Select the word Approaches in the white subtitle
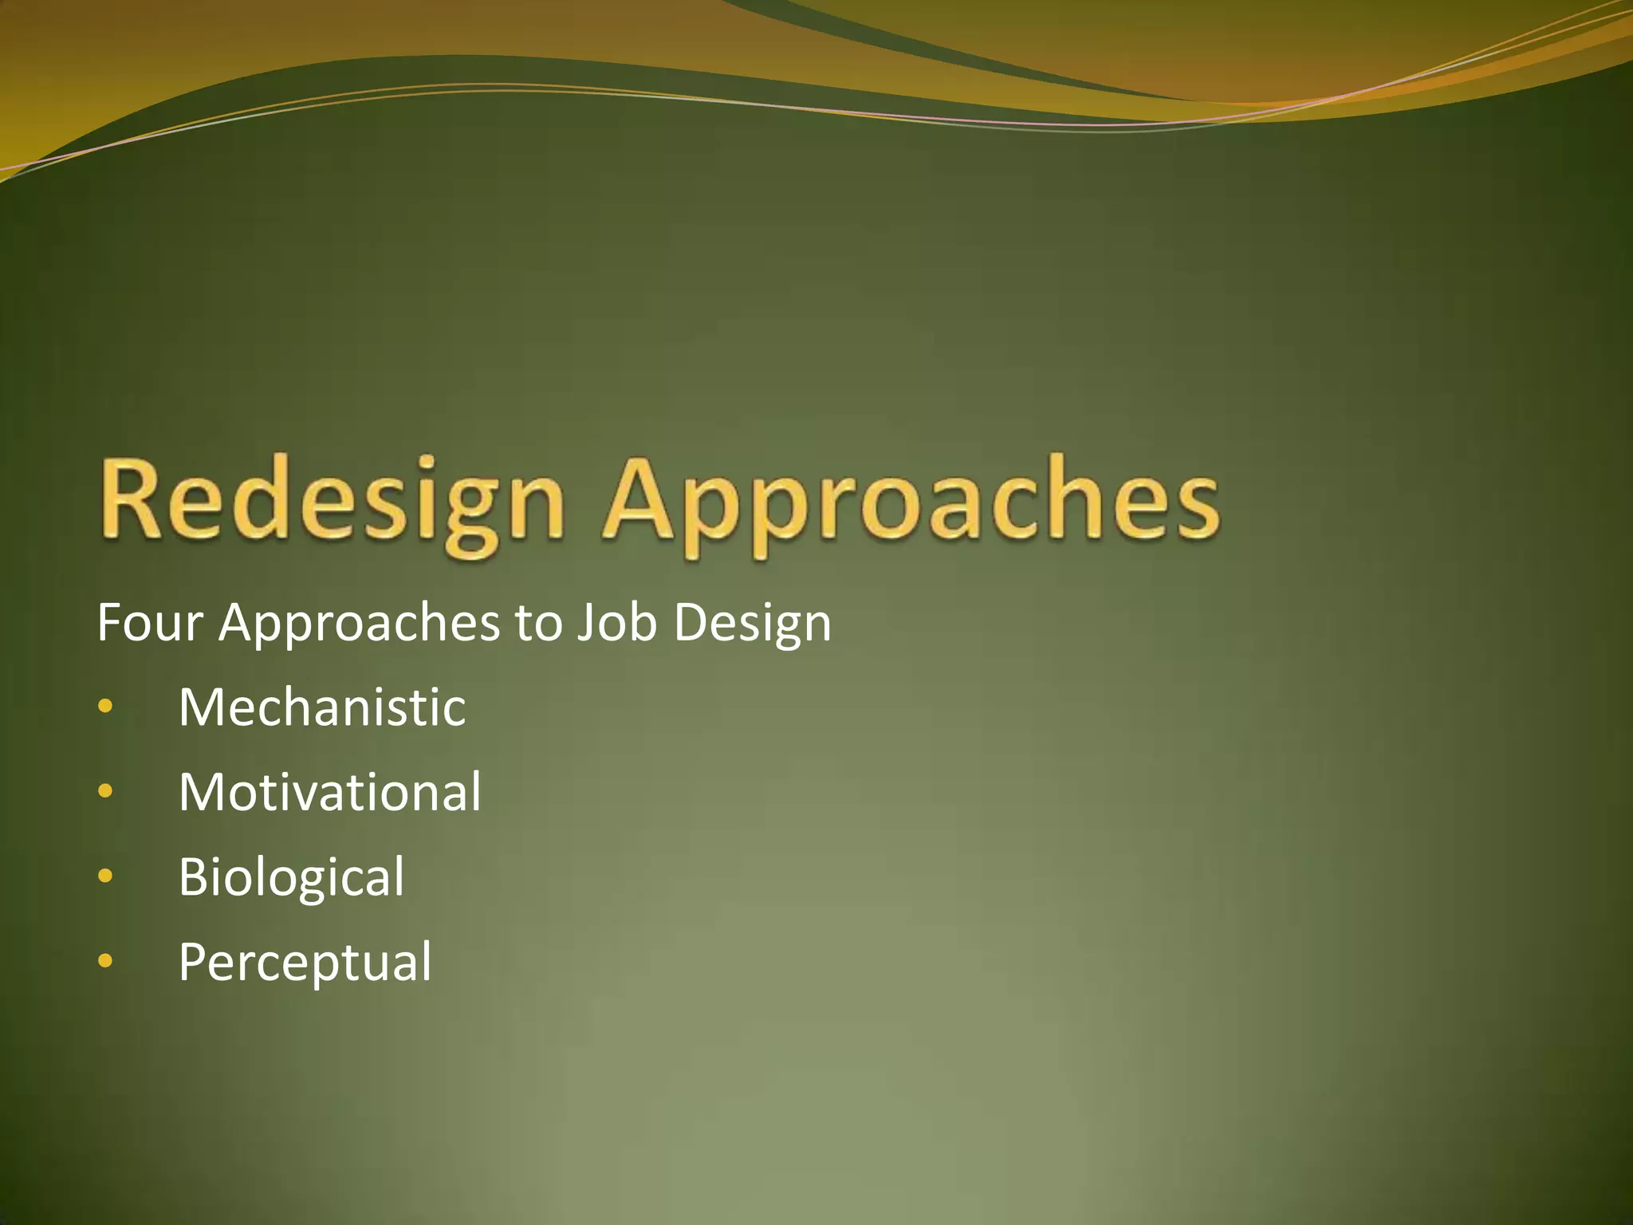(x=359, y=623)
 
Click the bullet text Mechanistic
(x=322, y=707)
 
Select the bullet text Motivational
(x=330, y=792)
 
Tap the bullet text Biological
(x=292, y=876)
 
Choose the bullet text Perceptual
(x=305, y=962)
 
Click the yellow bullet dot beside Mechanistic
(x=105, y=707)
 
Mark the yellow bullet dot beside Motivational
(x=105, y=791)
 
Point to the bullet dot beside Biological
(x=105, y=876)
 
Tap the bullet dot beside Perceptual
(x=105, y=962)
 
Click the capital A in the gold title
(x=641, y=498)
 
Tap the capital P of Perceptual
(x=194, y=962)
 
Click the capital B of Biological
(x=194, y=876)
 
